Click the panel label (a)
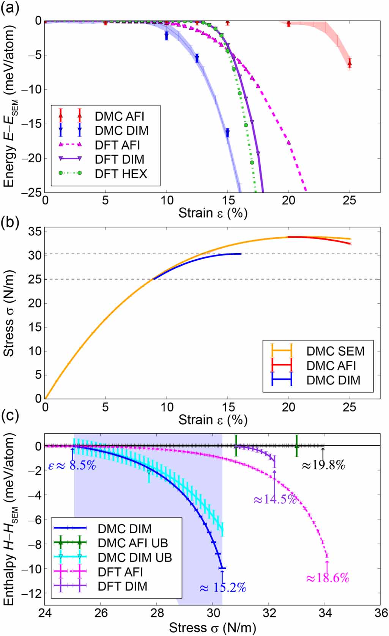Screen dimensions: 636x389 (10, 8)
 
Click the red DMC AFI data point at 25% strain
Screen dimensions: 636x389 (350, 63)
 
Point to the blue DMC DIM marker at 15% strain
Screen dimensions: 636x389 (227, 133)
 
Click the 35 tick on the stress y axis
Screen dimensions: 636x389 (35, 232)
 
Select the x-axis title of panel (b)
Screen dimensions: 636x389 (213, 420)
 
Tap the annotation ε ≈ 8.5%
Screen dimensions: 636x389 (72, 465)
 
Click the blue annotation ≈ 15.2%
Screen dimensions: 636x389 (223, 588)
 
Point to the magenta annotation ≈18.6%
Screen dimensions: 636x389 (327, 578)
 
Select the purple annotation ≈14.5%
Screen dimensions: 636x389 (274, 499)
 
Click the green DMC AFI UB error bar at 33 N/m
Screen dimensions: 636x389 (297, 446)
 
